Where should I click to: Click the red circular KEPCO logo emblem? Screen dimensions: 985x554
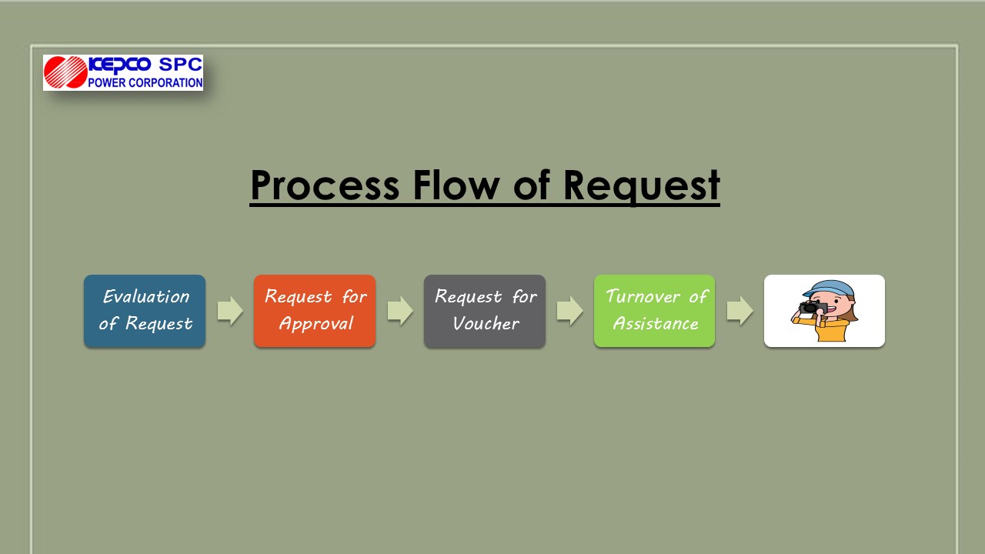65,72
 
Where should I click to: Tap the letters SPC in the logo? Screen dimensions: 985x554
180,65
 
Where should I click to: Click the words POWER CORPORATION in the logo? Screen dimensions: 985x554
145,82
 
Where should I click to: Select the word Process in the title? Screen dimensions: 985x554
325,185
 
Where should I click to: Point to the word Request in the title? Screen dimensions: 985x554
641,186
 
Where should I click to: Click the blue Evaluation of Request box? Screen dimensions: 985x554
145,312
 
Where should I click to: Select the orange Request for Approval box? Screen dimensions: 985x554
315,312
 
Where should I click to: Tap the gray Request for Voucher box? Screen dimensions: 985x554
485,312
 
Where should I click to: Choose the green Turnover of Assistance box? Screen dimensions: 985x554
654,312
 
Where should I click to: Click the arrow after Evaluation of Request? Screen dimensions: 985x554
230,311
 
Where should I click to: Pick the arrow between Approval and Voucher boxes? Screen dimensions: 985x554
400,311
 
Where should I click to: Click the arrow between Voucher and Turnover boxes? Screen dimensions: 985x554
570,311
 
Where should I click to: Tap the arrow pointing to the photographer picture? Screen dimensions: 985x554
740,311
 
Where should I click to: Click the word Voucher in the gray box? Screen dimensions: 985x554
486,324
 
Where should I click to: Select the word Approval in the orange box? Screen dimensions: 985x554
316,324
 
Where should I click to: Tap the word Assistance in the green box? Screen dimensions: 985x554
656,324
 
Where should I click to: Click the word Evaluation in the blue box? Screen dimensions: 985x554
146,297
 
